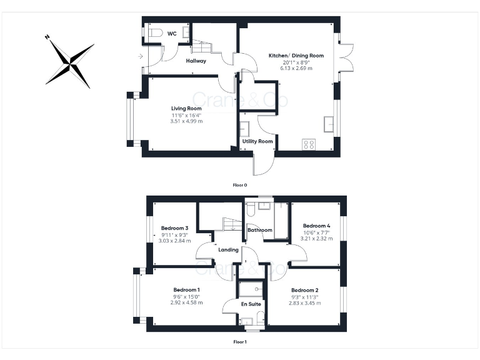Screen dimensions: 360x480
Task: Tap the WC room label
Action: tap(172, 34)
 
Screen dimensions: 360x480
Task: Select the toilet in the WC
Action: tap(155, 32)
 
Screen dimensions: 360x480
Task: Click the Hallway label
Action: tap(196, 61)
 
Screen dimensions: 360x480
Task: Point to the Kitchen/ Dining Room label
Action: tap(296, 56)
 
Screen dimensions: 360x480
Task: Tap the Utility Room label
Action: tap(257, 141)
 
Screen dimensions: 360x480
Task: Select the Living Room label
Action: tap(186, 109)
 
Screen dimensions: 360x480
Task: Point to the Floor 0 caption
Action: tap(240, 185)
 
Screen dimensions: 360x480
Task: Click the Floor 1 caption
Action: tap(240, 342)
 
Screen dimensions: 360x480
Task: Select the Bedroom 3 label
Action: tap(174, 228)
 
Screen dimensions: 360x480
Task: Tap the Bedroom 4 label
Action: tap(316, 226)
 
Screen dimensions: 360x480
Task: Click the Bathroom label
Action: tap(260, 230)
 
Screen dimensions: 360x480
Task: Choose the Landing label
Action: tap(228, 250)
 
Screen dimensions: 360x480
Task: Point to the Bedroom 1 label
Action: tap(186, 289)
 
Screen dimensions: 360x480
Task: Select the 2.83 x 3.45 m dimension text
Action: tap(304, 302)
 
